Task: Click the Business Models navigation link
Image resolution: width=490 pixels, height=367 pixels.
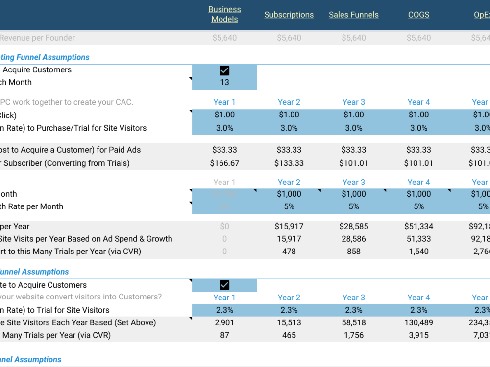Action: click(224, 14)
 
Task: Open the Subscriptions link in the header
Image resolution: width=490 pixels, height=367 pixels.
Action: click(289, 15)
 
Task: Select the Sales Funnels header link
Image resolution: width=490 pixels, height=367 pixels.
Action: click(353, 15)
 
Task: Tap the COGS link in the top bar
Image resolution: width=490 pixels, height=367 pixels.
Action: click(418, 15)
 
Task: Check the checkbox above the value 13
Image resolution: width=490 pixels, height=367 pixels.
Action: click(224, 70)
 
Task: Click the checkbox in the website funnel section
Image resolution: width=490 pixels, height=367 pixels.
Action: click(224, 285)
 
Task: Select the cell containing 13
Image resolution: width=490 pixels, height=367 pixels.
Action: click(224, 82)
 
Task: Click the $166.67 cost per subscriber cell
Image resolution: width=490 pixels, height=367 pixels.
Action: click(224, 163)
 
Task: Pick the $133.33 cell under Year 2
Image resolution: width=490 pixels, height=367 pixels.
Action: click(289, 163)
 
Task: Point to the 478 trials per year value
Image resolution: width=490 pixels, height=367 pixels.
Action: click(289, 252)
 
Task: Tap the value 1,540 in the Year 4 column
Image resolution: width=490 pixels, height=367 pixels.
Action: click(418, 252)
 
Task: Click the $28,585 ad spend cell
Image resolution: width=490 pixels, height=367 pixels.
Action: click(353, 227)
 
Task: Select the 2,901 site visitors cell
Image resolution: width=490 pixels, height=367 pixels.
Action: click(224, 322)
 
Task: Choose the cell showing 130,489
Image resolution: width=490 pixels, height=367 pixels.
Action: click(418, 322)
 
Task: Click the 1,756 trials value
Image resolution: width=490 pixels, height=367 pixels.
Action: click(353, 335)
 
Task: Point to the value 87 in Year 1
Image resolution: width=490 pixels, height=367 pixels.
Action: click(224, 335)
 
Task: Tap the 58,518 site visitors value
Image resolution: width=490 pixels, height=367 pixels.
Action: click(353, 322)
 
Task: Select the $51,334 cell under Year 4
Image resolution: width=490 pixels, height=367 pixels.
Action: click(418, 227)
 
